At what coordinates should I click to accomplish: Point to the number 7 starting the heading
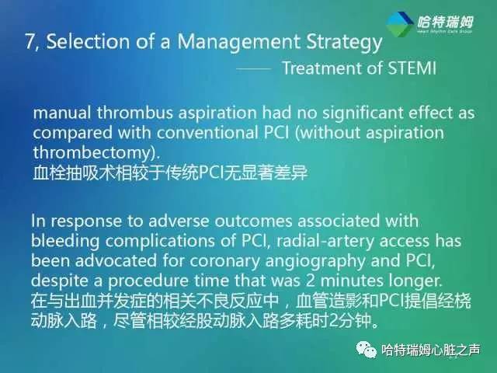(x=30, y=43)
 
